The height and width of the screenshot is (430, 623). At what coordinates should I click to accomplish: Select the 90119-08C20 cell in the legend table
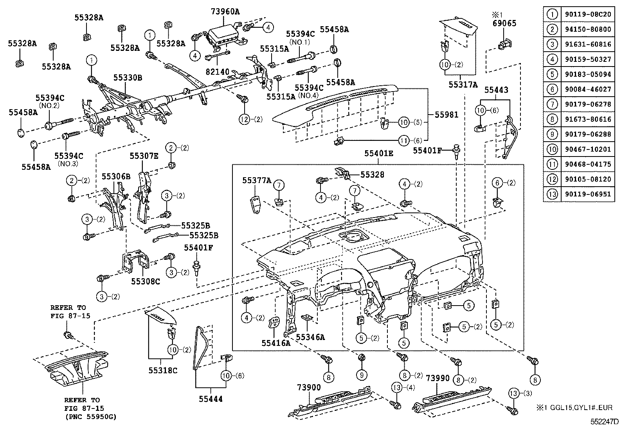coord(587,14)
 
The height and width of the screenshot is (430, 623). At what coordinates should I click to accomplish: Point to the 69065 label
coord(504,23)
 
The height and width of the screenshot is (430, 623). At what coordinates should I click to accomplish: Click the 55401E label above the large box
coord(378,153)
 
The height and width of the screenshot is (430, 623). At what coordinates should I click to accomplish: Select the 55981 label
coord(446,115)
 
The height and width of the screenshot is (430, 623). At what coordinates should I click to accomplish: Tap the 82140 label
coord(218,72)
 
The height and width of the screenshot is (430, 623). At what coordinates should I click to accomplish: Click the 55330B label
coord(128,78)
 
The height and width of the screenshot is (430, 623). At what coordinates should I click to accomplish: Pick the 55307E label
coord(144,156)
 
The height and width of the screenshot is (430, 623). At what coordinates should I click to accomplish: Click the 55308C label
coord(145,281)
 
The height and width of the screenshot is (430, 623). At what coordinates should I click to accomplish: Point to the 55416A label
coord(276,343)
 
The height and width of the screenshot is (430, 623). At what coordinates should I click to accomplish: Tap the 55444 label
coord(211,399)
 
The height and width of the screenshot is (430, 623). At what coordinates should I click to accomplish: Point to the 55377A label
coord(257,180)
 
